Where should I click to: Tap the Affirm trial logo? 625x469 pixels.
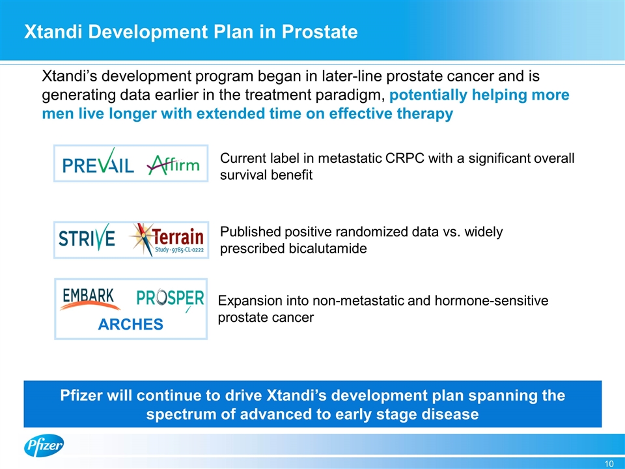pyautogui.click(x=173, y=164)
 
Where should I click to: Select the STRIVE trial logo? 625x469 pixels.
pyautogui.click(x=87, y=237)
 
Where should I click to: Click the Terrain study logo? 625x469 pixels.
pyautogui.click(x=167, y=239)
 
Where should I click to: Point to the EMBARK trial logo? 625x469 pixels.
pyautogui.click(x=90, y=299)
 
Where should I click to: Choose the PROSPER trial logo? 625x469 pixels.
pyautogui.click(x=170, y=299)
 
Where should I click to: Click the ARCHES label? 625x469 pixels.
pyautogui.click(x=131, y=324)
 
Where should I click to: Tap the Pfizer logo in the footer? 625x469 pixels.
pyautogui.click(x=44, y=446)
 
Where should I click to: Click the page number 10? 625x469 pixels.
pyautogui.click(x=609, y=463)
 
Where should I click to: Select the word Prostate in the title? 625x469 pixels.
pyautogui.click(x=320, y=32)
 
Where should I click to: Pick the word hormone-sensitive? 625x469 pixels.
pyautogui.click(x=492, y=300)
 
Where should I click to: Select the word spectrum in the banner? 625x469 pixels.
pyautogui.click(x=181, y=414)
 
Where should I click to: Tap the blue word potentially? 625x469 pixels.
pyautogui.click(x=428, y=95)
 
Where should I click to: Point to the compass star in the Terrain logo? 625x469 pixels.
pyautogui.click(x=142, y=239)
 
